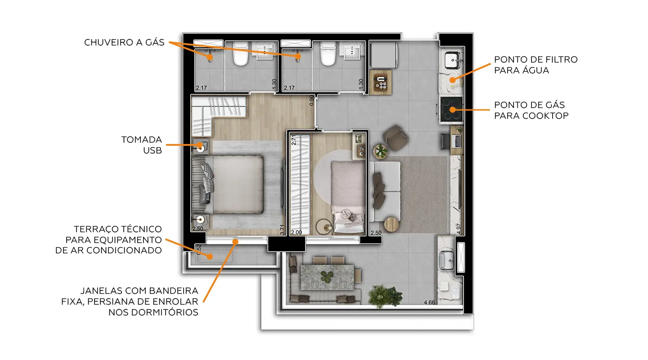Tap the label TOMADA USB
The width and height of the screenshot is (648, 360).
(141, 145)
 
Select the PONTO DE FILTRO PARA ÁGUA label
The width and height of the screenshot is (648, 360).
(535, 65)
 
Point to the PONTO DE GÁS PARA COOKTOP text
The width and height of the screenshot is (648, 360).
(531, 110)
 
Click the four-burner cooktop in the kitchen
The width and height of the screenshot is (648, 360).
(451, 110)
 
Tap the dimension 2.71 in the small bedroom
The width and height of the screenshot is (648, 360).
(293, 140)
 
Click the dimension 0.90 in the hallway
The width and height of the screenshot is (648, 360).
(312, 100)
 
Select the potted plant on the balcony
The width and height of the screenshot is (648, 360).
(385, 295)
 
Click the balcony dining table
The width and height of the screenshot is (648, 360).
(327, 277)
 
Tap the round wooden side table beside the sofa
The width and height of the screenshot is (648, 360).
(392, 224)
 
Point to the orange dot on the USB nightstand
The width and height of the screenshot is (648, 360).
(201, 145)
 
